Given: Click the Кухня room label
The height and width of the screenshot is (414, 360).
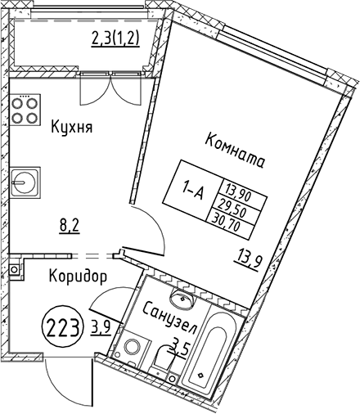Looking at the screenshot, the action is click(x=72, y=127).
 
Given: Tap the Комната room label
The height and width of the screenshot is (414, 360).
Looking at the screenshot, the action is click(x=235, y=151).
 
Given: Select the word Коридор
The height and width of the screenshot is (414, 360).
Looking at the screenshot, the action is click(x=78, y=277).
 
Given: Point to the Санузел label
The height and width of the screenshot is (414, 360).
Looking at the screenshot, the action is click(x=169, y=317).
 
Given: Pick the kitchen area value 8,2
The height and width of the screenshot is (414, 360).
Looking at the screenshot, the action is click(x=70, y=226).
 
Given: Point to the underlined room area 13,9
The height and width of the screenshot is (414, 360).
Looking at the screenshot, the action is click(x=248, y=261).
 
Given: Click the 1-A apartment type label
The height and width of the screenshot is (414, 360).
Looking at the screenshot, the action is click(x=193, y=191).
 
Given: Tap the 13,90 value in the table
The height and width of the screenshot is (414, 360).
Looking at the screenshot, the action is click(x=237, y=192).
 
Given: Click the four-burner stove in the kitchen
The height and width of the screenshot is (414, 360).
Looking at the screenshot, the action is click(x=25, y=110).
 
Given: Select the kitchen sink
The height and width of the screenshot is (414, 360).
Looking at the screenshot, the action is click(x=25, y=181).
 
